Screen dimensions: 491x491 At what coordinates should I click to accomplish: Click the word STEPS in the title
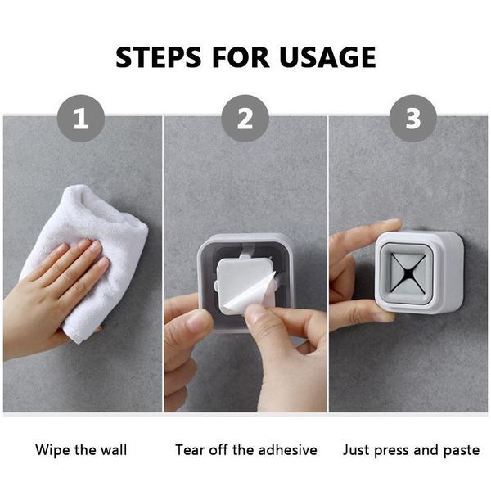[159, 57]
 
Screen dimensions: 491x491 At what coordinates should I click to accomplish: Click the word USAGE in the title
[327, 57]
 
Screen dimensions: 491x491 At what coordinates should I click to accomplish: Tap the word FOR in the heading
[240, 57]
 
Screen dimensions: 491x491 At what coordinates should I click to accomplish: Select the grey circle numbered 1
[81, 119]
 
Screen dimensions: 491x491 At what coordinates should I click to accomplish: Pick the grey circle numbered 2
[245, 119]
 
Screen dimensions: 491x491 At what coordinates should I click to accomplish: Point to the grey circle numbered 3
[412, 119]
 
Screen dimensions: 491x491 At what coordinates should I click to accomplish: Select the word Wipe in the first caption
[52, 450]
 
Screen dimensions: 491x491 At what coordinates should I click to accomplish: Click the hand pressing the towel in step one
[53, 298]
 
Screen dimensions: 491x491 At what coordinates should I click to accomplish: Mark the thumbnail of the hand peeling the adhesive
[257, 314]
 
